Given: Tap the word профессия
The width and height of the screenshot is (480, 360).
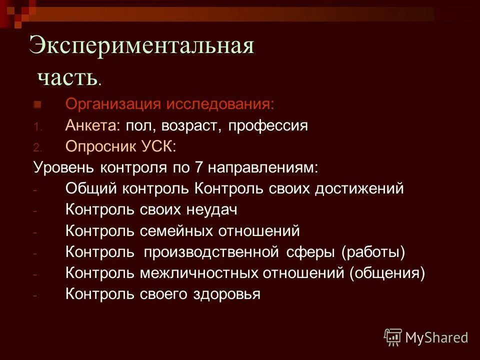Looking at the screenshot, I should coord(268,125).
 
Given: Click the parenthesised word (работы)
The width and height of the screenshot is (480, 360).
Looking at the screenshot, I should coord(373,252).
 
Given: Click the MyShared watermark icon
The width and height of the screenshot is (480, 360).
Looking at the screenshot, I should coord(393,337).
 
